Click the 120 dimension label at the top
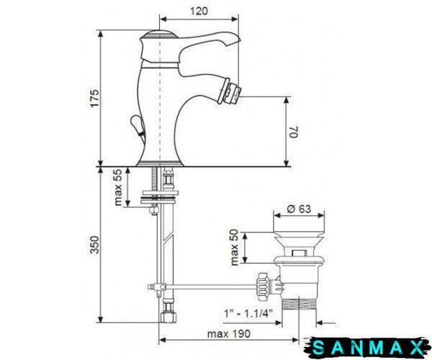tap(199, 11)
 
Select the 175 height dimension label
tap(94, 99)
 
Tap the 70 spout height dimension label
tap(294, 132)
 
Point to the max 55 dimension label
tap(118, 187)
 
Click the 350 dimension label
tap(94, 245)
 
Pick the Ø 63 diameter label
tap(299, 209)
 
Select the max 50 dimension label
tap(235, 248)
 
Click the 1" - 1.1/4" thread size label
tap(248, 313)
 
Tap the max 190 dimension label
tap(229, 333)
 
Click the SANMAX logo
tap(367, 348)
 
